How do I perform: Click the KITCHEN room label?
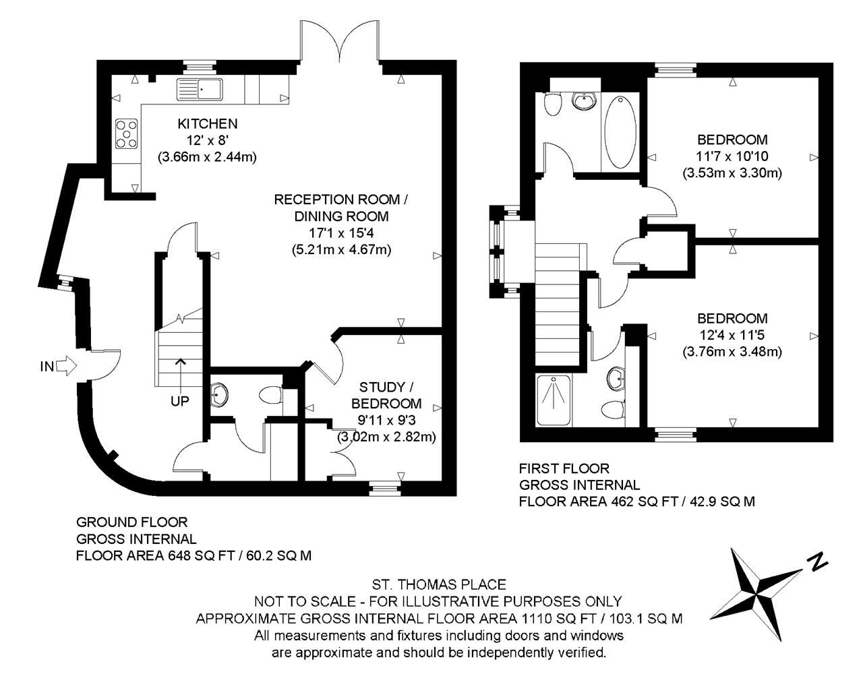pyautogui.click(x=207, y=124)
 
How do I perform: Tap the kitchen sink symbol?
pyautogui.click(x=200, y=89)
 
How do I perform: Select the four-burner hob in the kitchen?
pyautogui.click(x=127, y=133)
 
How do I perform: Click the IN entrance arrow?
pyautogui.click(x=66, y=365)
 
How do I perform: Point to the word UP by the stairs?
pyautogui.click(x=179, y=401)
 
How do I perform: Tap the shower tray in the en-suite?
pyautogui.click(x=554, y=400)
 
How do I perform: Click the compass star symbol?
pyautogui.click(x=756, y=594)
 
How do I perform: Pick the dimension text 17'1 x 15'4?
pyautogui.click(x=341, y=233)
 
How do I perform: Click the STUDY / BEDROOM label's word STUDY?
pyautogui.click(x=376, y=387)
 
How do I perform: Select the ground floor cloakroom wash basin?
pyautogui.click(x=219, y=395)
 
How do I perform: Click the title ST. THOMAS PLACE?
pyautogui.click(x=439, y=585)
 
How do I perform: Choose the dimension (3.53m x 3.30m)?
pyautogui.click(x=732, y=173)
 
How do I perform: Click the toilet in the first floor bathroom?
pyautogui.click(x=552, y=104)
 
